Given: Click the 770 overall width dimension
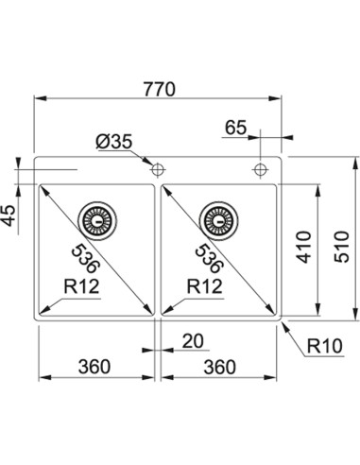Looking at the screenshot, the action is click(159, 89).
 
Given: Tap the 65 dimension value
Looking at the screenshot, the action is click(235, 128).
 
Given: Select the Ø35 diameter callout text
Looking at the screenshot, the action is click(113, 142).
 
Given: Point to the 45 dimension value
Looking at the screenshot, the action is click(9, 215).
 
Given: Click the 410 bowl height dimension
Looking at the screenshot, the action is click(304, 247).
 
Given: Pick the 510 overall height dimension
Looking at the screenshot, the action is click(342, 247).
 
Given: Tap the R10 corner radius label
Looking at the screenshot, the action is click(325, 346).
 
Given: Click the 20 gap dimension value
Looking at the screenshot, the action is click(193, 341).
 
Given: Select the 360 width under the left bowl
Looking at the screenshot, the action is click(94, 367).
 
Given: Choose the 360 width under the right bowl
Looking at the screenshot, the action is click(219, 367).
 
